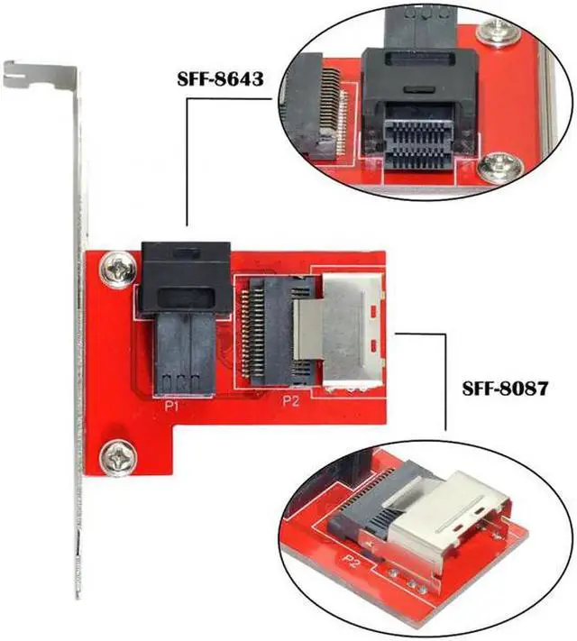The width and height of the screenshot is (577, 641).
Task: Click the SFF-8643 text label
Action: point(221,78)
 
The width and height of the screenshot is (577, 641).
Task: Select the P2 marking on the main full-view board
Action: point(289,402)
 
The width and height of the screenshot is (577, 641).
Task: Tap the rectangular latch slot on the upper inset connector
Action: point(411,90)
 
